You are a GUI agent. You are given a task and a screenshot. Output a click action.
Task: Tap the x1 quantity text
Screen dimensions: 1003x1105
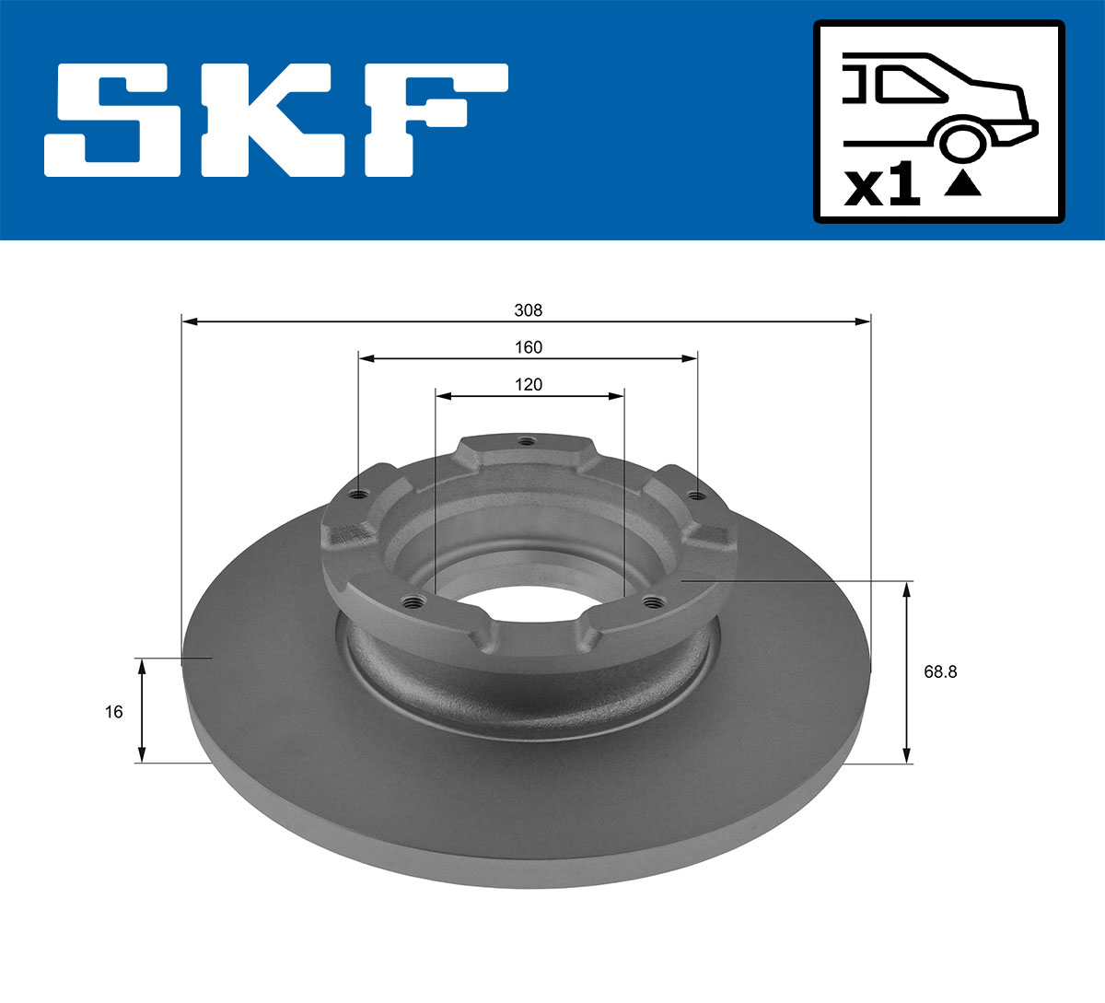(x=882, y=187)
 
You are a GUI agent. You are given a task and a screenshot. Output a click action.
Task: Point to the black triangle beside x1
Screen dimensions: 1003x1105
(x=963, y=183)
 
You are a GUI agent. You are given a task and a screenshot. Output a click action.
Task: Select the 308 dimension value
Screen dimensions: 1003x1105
(x=528, y=310)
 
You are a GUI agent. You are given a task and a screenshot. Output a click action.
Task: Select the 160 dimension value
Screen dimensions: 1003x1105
(x=528, y=347)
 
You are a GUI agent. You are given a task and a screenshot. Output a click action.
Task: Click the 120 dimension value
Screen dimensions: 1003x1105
(x=528, y=384)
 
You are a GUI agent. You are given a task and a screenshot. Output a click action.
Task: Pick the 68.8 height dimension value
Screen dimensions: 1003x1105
(x=940, y=671)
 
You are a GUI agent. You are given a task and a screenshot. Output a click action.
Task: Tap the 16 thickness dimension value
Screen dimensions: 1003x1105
(x=113, y=711)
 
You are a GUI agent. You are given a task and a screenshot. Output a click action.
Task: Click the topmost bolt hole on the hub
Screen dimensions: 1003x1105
(x=525, y=441)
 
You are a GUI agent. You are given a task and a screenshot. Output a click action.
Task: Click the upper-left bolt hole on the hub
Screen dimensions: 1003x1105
(x=359, y=495)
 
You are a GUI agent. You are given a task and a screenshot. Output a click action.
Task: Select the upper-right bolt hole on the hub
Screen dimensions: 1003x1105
(x=697, y=496)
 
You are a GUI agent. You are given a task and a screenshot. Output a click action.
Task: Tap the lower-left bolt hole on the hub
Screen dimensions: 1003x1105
(x=412, y=603)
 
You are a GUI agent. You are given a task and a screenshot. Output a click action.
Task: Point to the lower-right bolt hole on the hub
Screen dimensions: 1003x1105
(x=654, y=602)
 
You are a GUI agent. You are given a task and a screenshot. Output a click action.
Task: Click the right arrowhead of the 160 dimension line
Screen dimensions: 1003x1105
(x=691, y=358)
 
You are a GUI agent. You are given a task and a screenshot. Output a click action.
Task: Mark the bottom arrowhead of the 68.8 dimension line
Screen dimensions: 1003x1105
(x=908, y=756)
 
